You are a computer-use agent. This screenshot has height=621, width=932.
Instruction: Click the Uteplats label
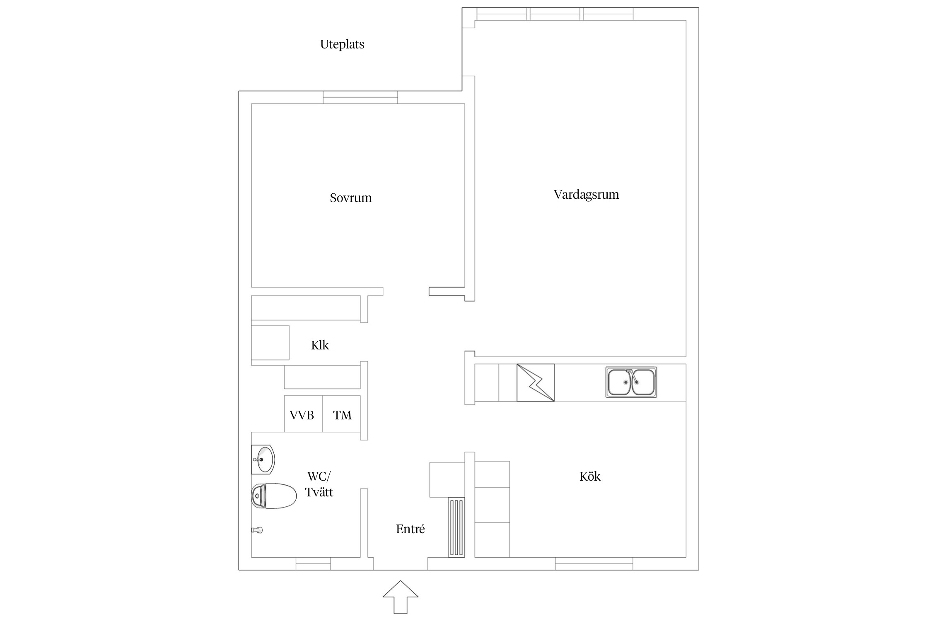click(342, 44)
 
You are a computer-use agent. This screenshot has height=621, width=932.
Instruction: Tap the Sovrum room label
click(350, 198)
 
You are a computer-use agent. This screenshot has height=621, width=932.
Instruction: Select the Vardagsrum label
click(586, 195)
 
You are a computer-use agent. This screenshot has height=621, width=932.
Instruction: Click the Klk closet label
click(320, 345)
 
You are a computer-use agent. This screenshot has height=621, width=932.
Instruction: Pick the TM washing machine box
click(342, 414)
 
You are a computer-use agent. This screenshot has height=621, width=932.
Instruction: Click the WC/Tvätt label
click(319, 484)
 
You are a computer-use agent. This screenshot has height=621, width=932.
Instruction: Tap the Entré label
click(410, 529)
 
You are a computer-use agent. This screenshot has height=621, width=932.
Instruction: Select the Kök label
click(589, 477)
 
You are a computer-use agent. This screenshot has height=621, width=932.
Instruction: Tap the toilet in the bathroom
click(274, 496)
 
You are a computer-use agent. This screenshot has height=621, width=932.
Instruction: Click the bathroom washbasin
click(263, 460)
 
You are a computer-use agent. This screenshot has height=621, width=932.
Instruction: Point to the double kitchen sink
click(631, 382)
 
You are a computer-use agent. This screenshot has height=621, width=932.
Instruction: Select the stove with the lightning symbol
click(535, 383)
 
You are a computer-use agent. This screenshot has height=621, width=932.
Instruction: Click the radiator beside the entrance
click(456, 527)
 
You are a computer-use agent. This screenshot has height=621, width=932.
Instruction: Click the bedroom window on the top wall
click(360, 97)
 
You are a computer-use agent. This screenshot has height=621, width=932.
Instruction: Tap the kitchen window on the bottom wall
click(594, 563)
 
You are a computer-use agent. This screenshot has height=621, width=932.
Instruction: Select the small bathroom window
click(313, 563)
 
